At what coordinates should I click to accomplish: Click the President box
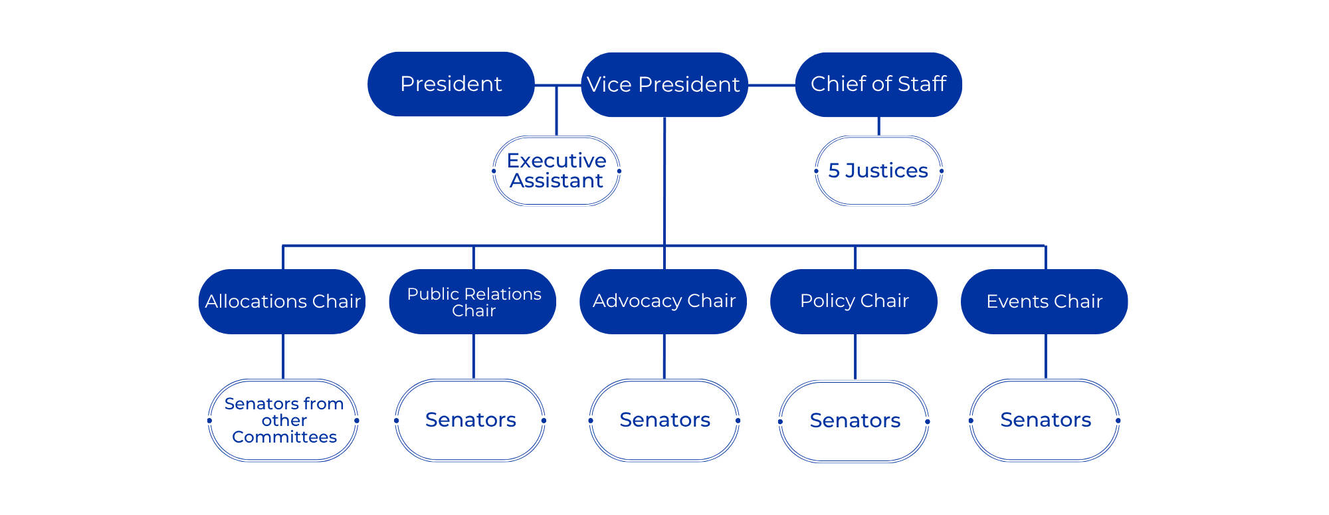[x=451, y=84]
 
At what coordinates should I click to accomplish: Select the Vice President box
[x=664, y=84]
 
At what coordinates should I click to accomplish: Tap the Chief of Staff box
[x=878, y=84]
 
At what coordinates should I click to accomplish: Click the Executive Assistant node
[x=556, y=171]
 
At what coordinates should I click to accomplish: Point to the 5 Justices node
[x=878, y=171]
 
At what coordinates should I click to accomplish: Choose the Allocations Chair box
[x=282, y=301]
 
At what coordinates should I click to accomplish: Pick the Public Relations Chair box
[x=473, y=301]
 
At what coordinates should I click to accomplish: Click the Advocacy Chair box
[x=664, y=301]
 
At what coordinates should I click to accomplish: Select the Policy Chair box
[x=854, y=301]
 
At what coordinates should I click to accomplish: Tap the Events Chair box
[x=1044, y=301]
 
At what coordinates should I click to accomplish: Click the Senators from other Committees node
[x=284, y=420]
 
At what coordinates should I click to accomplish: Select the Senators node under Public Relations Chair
[x=470, y=420]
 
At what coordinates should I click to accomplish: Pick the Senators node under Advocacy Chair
[x=664, y=420]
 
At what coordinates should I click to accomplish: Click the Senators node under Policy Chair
[x=855, y=421]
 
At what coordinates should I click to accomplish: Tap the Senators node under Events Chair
[x=1045, y=420]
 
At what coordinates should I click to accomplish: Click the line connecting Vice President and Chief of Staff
[x=771, y=85]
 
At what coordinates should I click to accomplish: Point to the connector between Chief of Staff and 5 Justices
[x=878, y=126]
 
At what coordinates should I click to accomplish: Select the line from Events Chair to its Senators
[x=1046, y=356]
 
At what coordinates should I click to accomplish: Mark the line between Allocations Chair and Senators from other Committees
[x=283, y=356]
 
